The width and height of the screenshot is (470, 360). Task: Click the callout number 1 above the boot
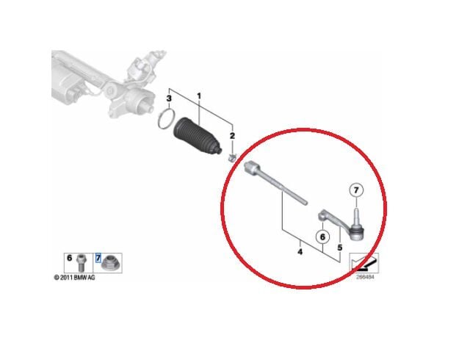[x=199, y=96]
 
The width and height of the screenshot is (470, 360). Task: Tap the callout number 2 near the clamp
[x=232, y=136]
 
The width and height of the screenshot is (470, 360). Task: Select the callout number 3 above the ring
[x=169, y=98]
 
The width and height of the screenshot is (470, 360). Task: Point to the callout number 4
[x=300, y=252]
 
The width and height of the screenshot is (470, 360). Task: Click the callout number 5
[x=339, y=248]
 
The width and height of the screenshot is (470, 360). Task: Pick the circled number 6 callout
[x=322, y=237]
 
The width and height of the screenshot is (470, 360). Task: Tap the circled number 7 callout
[x=356, y=190]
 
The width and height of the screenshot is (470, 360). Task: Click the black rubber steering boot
[x=197, y=136]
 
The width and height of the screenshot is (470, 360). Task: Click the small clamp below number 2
[x=232, y=157]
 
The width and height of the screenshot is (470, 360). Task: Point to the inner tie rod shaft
[x=275, y=184]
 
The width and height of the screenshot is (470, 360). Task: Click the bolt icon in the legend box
[x=81, y=262]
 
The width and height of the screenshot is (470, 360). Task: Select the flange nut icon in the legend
[x=109, y=264]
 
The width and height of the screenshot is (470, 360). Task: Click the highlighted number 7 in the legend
[x=98, y=258]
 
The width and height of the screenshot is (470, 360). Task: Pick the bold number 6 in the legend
[x=70, y=258]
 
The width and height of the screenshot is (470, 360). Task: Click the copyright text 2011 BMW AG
[x=74, y=278]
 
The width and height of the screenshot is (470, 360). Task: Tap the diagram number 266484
[x=365, y=277]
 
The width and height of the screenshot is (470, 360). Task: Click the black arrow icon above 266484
[x=364, y=262]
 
